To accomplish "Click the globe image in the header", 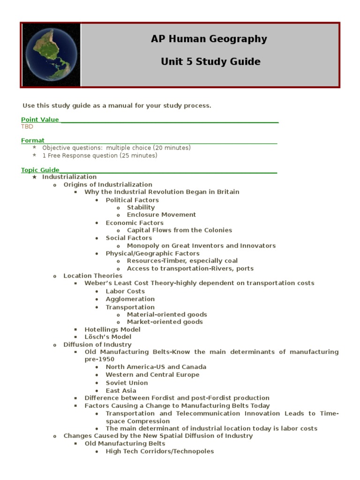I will [x=51, y=55].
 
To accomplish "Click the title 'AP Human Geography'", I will [x=209, y=39].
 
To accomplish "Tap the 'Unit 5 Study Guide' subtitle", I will [x=210, y=62].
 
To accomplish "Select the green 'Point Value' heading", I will [x=40, y=120].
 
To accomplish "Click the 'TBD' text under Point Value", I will [x=27, y=127].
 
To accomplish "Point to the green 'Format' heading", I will [x=33, y=140].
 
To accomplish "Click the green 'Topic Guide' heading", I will [x=40, y=170].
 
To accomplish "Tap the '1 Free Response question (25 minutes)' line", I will [x=100, y=156].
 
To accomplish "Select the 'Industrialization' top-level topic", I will [x=69, y=177].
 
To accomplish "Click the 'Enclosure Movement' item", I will [x=161, y=215].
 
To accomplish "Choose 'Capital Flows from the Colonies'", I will [x=180, y=230].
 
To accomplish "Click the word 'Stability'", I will [x=141, y=207].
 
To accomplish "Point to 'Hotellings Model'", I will [x=112, y=330].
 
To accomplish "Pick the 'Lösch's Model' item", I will [x=108, y=337].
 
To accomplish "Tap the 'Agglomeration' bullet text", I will [x=130, y=299].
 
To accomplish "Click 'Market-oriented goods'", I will [x=165, y=322].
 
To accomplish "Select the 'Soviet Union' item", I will [x=127, y=383].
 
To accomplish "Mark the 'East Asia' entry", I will [x=121, y=390].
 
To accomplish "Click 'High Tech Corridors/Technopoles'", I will [x=160, y=451].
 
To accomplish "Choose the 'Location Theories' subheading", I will [x=93, y=276].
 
